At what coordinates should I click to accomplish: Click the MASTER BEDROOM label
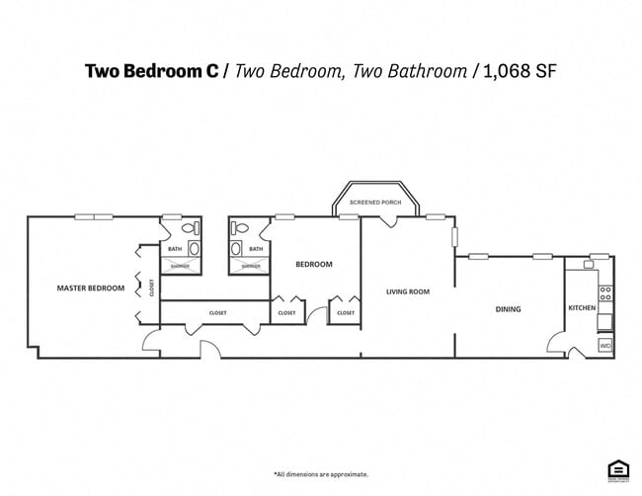(x=91, y=289)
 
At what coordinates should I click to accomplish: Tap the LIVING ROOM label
(x=408, y=291)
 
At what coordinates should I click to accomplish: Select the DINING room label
(x=508, y=309)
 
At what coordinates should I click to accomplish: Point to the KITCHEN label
(x=582, y=308)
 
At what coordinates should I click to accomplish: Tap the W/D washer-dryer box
(x=605, y=346)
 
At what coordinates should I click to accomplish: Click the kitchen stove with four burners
(x=605, y=293)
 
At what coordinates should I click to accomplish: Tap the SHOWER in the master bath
(x=180, y=266)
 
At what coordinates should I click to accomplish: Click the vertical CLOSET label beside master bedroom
(x=152, y=288)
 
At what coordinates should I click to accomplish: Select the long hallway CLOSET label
(x=218, y=313)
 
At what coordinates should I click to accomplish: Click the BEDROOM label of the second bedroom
(x=314, y=265)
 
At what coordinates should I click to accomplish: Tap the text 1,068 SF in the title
(x=522, y=70)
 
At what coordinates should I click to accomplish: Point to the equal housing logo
(x=618, y=470)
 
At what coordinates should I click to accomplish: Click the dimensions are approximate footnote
(x=321, y=474)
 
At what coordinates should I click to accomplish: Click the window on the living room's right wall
(x=454, y=238)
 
